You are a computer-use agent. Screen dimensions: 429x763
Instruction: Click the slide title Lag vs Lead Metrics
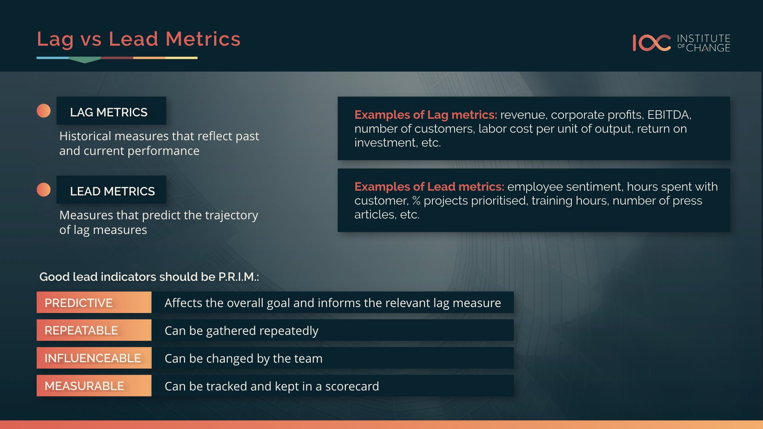[139, 39]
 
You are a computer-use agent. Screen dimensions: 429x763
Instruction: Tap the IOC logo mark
[652, 43]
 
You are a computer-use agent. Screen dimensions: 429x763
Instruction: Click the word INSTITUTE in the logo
[703, 38]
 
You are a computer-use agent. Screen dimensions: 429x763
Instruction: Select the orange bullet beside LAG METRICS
[44, 111]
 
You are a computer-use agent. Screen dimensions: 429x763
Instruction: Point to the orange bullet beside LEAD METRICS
[44, 190]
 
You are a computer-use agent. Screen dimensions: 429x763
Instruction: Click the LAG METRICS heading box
[111, 111]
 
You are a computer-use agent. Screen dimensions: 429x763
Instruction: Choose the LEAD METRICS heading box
[111, 190]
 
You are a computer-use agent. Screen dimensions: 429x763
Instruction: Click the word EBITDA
[668, 115]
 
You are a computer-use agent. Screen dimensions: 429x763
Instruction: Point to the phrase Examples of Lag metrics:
[426, 115]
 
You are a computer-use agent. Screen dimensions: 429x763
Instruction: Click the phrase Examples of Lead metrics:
[429, 187]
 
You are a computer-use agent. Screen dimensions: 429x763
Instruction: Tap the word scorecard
[352, 386]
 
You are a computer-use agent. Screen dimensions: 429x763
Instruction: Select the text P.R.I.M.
[237, 277]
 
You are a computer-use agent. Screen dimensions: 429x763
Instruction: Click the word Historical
[85, 136]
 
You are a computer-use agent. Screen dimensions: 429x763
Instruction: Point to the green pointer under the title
[85, 60]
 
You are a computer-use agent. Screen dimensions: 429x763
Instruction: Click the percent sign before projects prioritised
[416, 201]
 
